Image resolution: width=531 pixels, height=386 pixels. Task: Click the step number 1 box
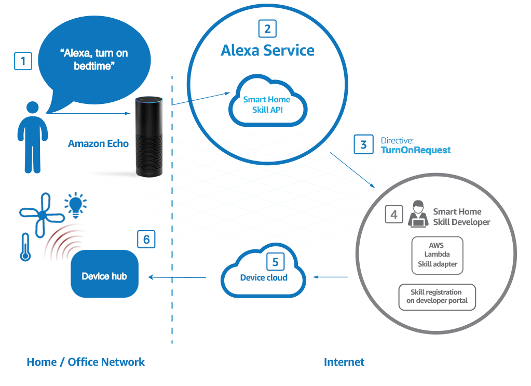point(23,62)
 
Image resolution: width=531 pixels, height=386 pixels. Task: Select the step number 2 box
point(267,29)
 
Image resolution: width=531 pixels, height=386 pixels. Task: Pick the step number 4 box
point(394,214)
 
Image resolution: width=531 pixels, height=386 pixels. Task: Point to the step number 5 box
point(276,261)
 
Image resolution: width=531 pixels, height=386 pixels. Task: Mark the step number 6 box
point(146,239)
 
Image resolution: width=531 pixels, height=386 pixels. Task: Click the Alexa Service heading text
point(267,50)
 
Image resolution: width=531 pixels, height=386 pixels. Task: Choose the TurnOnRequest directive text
point(416,150)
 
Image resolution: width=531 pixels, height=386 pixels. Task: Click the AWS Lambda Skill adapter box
point(437,254)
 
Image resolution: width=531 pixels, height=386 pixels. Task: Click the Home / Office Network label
point(86,362)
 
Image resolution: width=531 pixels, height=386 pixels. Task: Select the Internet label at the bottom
point(344,362)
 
